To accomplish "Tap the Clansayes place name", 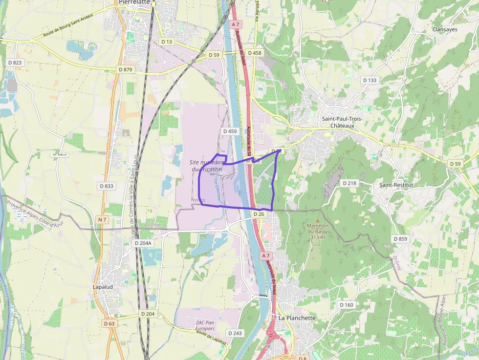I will (444, 29).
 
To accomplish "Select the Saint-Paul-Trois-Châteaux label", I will (338, 122).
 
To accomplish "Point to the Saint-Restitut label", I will (396, 185).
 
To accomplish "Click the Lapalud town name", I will (104, 287).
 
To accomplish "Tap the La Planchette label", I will (297, 318).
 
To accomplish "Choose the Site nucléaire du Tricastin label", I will (206, 166).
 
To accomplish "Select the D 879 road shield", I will (126, 70).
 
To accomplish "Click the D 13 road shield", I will (166, 42).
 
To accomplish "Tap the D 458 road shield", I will (255, 53).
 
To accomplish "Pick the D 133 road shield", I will (370, 80).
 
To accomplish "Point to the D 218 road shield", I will (349, 183).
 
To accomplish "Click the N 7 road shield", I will (102, 220).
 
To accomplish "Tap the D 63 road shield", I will (109, 323).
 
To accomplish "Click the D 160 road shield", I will (346, 305).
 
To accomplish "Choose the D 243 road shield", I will (234, 333).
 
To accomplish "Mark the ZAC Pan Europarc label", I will (205, 326).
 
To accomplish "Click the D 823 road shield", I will (15, 63).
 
